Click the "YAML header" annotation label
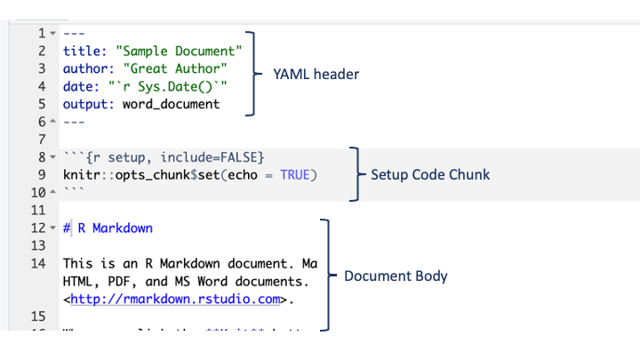click(x=316, y=75)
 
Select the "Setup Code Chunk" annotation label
click(x=430, y=174)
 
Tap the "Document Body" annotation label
click(x=396, y=276)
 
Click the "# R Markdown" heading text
click(x=108, y=228)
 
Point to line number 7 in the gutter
click(x=42, y=140)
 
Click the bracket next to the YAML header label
click(x=252, y=75)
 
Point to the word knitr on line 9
click(x=82, y=174)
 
